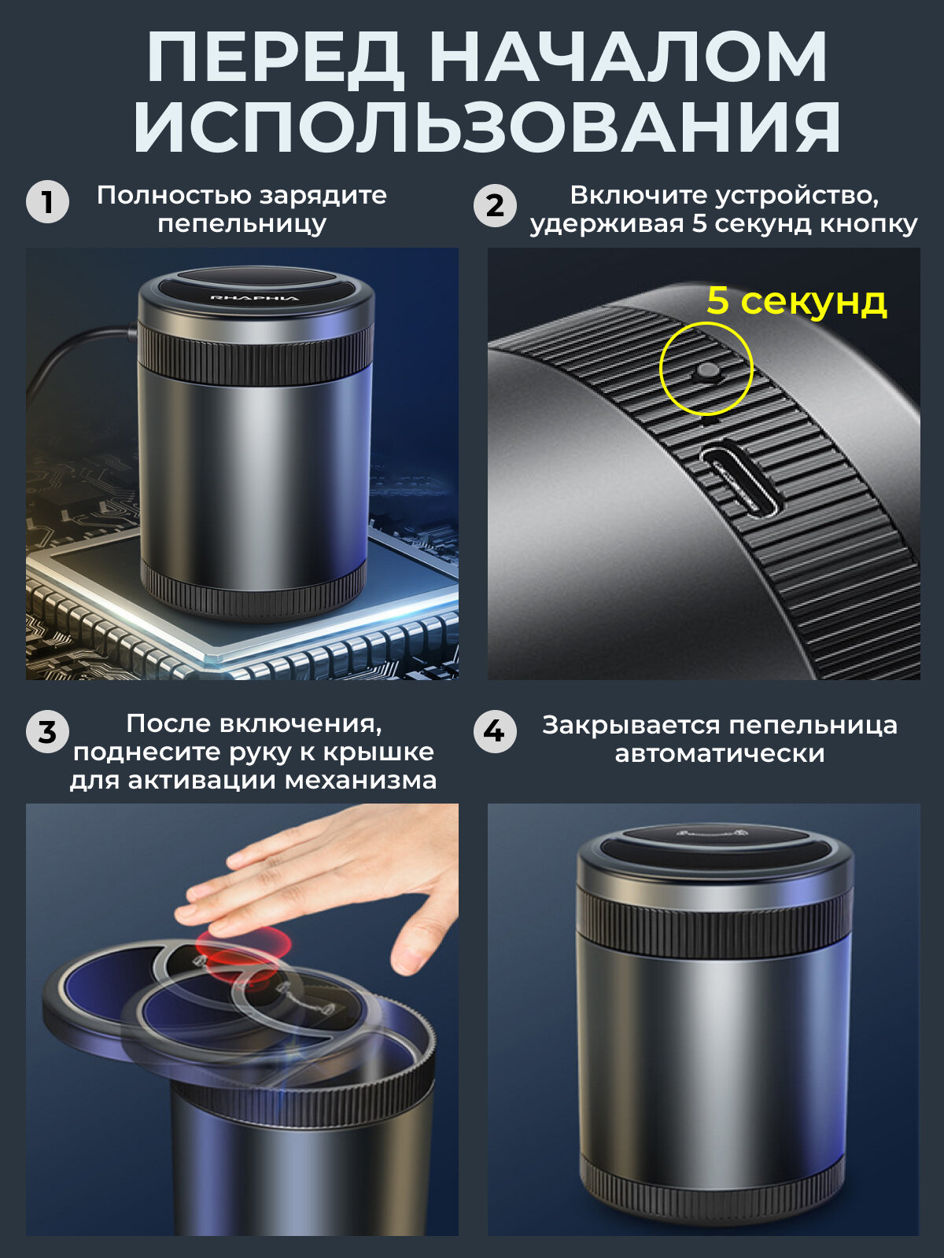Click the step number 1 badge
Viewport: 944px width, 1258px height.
(x=47, y=202)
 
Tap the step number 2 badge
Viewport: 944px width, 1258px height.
(x=496, y=206)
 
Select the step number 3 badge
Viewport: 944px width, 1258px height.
(x=47, y=733)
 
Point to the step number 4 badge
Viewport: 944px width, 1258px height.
(x=496, y=731)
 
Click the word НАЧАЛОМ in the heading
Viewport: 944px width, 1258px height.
(x=629, y=58)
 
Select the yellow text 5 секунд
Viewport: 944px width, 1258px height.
(x=797, y=301)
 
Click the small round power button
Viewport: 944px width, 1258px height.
(x=706, y=372)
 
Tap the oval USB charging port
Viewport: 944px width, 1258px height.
(x=741, y=480)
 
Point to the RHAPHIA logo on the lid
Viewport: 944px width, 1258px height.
(x=254, y=297)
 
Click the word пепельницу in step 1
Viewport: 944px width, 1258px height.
(x=242, y=225)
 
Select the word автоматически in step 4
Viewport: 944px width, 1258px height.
(x=719, y=754)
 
